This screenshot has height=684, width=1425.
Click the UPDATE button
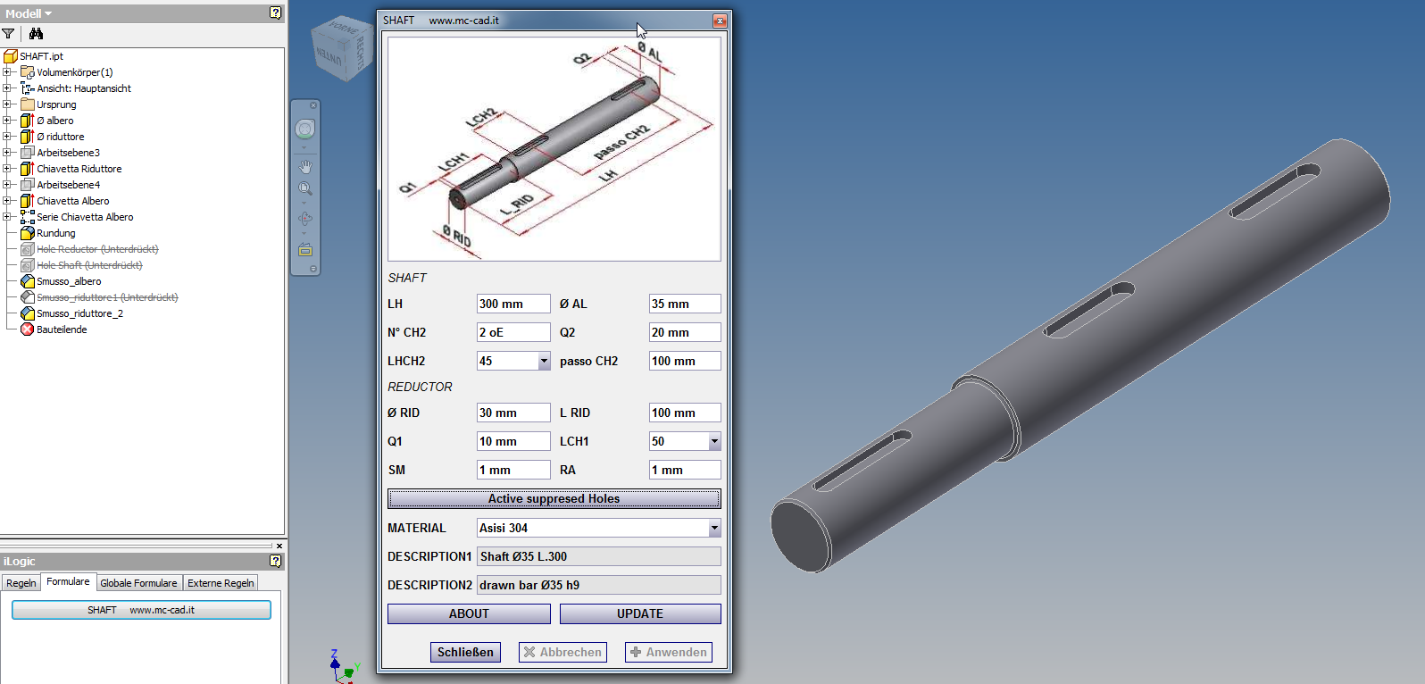coord(639,613)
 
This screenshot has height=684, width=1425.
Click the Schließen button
coord(465,652)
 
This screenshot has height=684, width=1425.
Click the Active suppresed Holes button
coord(554,498)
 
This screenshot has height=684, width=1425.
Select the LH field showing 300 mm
coord(512,304)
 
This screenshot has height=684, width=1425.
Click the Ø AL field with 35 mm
coord(684,304)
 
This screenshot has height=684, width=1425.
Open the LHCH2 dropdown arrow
coord(544,361)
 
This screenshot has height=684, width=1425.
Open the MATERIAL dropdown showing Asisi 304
coord(714,528)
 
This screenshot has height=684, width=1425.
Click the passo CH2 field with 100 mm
coord(684,361)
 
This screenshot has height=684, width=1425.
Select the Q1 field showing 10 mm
coord(512,441)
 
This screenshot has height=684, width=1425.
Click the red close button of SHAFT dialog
coord(719,21)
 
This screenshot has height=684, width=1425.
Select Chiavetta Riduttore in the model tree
coord(79,169)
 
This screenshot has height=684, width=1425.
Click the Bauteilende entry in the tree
coord(62,329)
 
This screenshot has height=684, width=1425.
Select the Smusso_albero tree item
coord(69,281)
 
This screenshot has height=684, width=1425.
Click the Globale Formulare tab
coord(138,583)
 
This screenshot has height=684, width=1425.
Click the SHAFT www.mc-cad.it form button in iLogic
coord(141,610)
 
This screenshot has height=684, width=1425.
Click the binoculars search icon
coord(36,34)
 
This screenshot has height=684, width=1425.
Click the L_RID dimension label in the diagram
coord(517,204)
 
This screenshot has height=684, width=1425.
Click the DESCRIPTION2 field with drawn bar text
coord(598,585)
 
